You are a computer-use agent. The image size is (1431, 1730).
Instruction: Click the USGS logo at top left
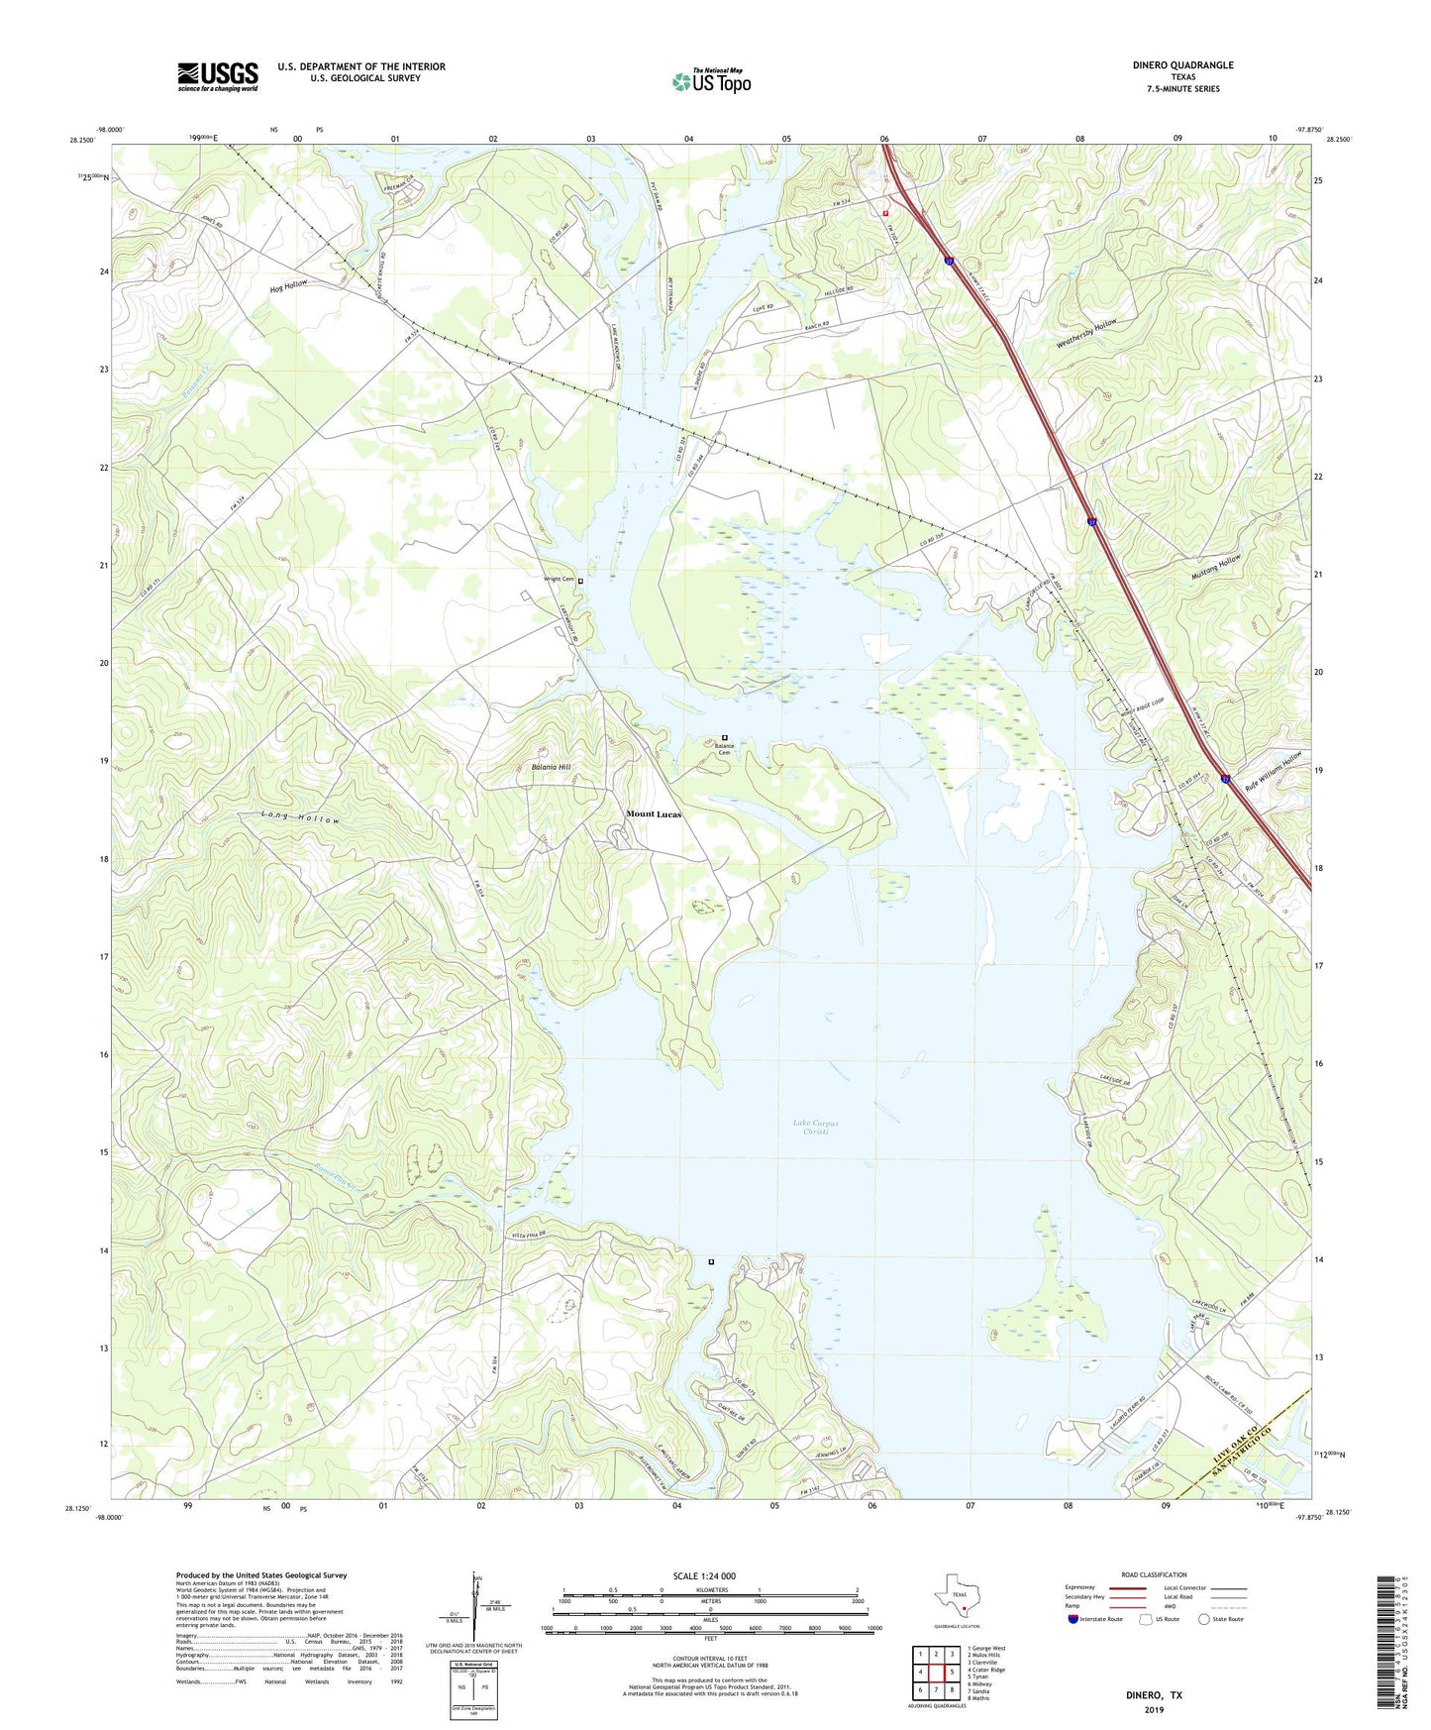coord(218,75)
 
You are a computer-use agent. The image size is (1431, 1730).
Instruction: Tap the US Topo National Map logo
coord(710,81)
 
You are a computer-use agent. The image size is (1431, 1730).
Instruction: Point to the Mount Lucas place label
coord(654,814)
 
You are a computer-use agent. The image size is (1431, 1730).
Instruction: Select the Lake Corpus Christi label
coord(815,1128)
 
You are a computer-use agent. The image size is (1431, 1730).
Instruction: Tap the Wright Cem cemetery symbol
coord(581,581)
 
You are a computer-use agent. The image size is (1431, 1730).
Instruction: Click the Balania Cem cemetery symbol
coord(725,737)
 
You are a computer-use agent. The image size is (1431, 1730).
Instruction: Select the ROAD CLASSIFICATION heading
coord(1154,1574)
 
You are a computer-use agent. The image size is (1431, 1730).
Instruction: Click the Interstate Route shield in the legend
coord(1074,1620)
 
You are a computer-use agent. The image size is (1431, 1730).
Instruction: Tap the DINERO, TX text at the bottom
coord(1154,1694)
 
